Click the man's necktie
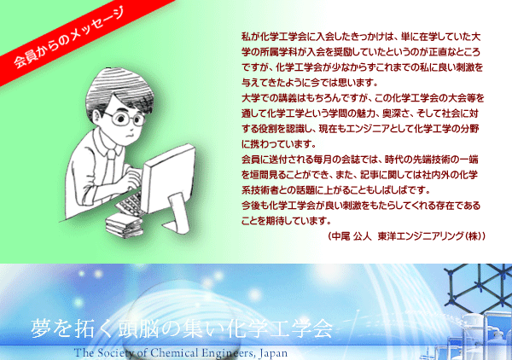click(x=110, y=166)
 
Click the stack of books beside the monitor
click(x=124, y=225)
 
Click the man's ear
click(x=97, y=115)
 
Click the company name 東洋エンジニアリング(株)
click(x=428, y=236)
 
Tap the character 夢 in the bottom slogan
click(x=40, y=328)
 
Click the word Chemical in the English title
click(x=174, y=353)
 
